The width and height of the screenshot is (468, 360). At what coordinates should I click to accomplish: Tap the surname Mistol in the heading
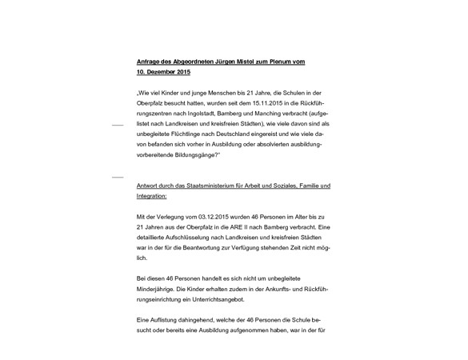250,62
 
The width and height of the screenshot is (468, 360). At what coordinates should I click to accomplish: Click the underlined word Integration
151,196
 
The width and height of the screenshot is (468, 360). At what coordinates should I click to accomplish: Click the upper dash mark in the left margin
117,126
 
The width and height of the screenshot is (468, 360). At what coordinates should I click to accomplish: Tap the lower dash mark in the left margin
117,176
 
